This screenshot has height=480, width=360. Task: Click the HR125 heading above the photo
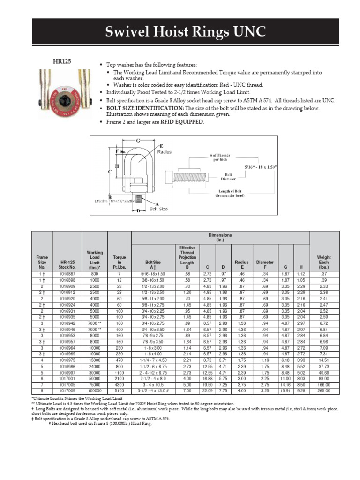point(61,61)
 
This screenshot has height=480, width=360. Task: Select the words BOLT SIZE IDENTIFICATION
point(139,108)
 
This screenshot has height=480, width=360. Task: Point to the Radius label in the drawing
point(165,152)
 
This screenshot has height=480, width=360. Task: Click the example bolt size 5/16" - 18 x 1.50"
point(261,167)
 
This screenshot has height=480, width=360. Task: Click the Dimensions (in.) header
point(220,237)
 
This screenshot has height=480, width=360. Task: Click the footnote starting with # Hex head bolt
point(100,423)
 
